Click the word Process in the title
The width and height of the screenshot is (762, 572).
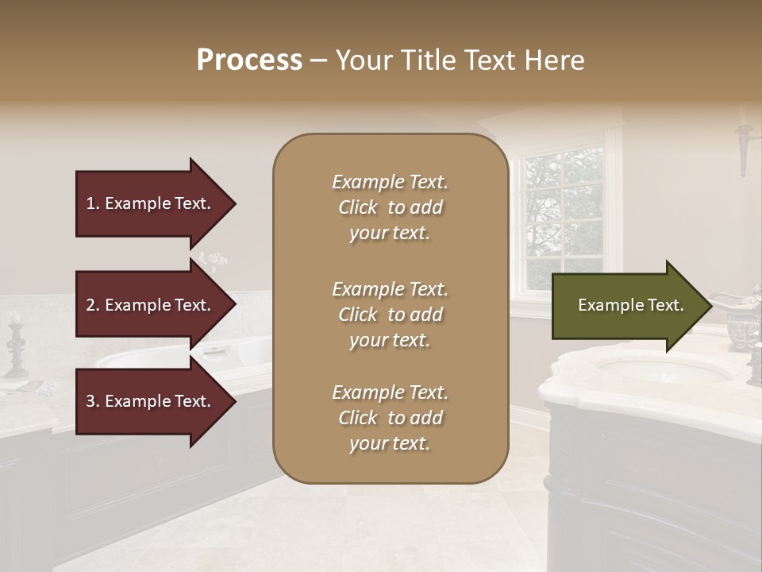pos(249,60)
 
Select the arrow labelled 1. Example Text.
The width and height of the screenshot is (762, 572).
pos(151,203)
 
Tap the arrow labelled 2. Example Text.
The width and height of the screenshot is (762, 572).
pos(151,305)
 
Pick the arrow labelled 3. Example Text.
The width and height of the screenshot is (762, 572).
pos(151,401)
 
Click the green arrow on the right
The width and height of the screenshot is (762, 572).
pos(627,305)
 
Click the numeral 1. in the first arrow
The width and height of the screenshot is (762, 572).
pos(93,203)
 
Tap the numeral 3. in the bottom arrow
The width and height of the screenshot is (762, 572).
pos(93,401)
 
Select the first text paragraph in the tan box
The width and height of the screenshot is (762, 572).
pos(390,207)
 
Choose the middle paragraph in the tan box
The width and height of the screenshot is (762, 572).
pos(390,315)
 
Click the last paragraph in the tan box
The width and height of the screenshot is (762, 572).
pos(390,418)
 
